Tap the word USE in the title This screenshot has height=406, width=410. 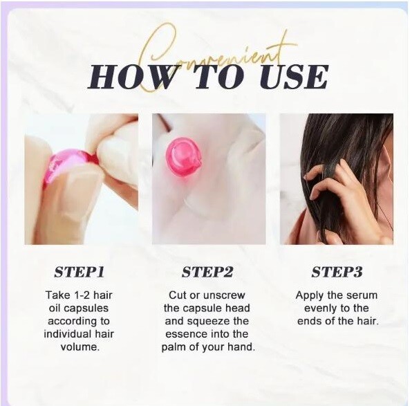[294, 76]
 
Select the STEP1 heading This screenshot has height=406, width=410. [80, 272]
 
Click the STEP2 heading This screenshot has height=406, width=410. [207, 272]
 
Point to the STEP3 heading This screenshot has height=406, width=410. [337, 272]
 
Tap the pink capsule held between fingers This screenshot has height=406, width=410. [69, 167]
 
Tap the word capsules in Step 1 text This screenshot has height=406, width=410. [86, 308]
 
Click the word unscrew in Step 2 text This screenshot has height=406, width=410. [224, 295]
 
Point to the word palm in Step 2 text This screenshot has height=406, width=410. [173, 347]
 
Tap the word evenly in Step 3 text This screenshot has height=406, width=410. [321, 308]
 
